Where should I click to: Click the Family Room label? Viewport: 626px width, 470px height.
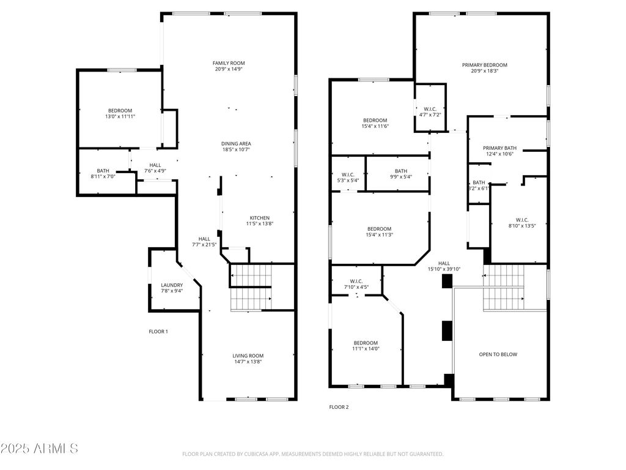tap(229, 63)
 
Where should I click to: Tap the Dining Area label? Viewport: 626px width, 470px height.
tap(237, 144)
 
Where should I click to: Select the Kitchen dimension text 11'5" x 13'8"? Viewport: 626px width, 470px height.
tap(260, 224)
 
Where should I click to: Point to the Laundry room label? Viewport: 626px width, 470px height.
tap(172, 285)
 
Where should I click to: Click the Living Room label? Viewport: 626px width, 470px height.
tap(248, 356)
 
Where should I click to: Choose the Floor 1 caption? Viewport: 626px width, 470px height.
tap(158, 332)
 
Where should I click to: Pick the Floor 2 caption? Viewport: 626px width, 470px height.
tap(339, 407)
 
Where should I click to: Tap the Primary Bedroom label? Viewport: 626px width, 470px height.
tap(485, 65)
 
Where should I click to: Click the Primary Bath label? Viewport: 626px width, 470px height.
tap(500, 148)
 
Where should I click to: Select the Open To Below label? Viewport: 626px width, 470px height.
tap(498, 354)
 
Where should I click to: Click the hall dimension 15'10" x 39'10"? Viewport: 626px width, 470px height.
tap(444, 269)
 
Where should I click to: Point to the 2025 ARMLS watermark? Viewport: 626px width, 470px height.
tap(39, 449)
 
